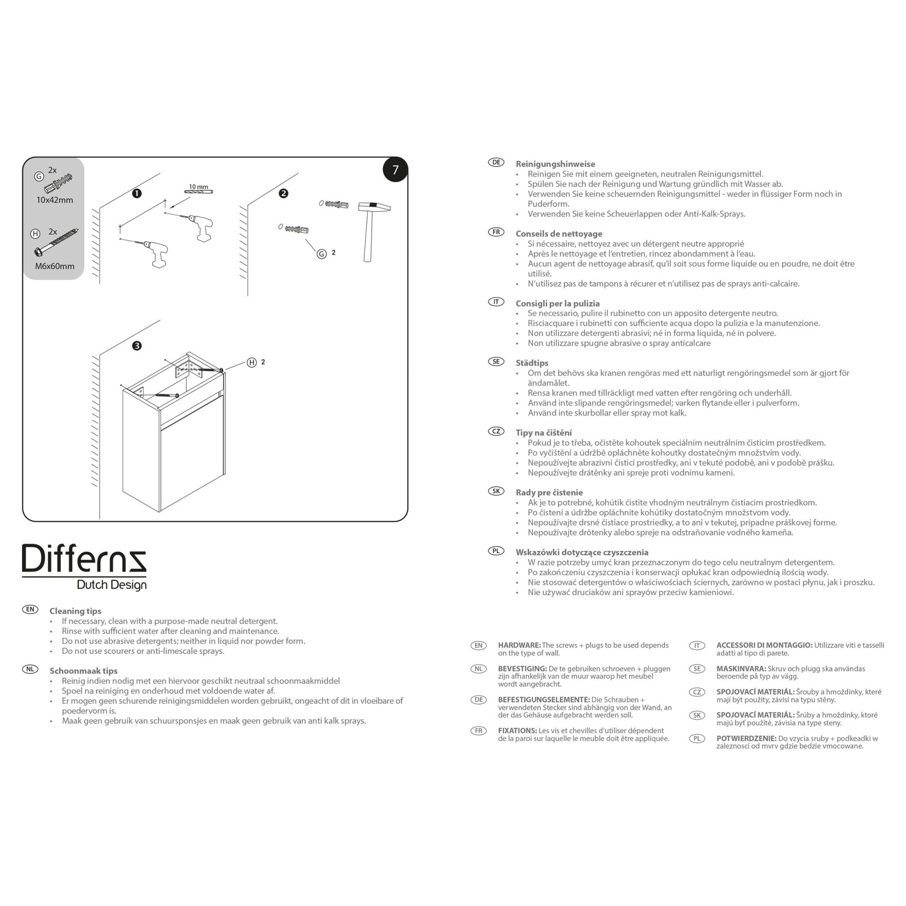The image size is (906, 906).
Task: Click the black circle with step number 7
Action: [x=395, y=169]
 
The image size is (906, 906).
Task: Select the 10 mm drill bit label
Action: [x=198, y=187]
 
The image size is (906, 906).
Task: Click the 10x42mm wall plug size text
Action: [x=55, y=200]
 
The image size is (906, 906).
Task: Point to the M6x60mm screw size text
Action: [x=55, y=266]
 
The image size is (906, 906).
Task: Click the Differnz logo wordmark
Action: [x=84, y=559]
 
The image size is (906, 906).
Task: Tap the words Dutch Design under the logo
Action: [x=112, y=585]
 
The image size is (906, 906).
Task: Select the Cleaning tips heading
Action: [x=75, y=611]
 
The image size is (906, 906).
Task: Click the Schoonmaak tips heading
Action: [x=83, y=671]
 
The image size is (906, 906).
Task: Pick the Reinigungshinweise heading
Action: [x=555, y=164]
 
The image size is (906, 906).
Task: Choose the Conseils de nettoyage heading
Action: [x=559, y=234]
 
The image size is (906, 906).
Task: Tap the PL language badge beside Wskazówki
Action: [x=496, y=551]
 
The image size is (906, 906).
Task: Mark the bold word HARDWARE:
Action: [x=520, y=645]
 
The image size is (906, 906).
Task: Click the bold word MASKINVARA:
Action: [x=741, y=669]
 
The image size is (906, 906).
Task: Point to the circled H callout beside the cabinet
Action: [x=252, y=363]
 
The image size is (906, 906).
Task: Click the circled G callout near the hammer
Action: [x=322, y=254]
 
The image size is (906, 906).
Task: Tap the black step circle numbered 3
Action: [x=137, y=346]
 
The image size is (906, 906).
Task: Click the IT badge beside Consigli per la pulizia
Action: [x=496, y=302]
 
